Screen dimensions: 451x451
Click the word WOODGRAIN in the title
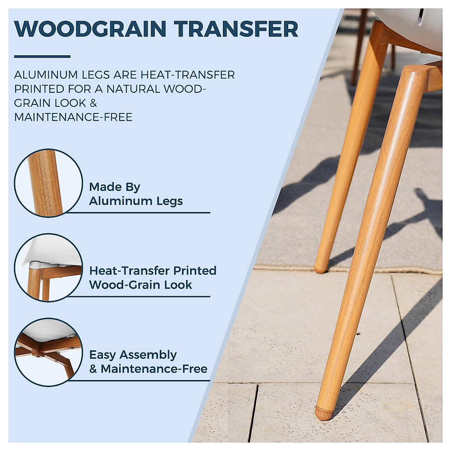[90, 29]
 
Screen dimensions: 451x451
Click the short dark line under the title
[42, 56]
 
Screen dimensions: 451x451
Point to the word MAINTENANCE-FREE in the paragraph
[73, 117]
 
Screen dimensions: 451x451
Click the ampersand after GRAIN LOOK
[93, 103]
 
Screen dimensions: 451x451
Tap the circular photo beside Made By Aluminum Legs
[48, 183]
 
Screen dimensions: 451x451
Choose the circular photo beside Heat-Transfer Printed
[48, 267]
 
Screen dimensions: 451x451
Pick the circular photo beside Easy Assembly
[48, 352]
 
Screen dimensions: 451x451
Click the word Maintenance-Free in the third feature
[154, 369]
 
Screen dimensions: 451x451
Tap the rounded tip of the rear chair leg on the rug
[321, 268]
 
